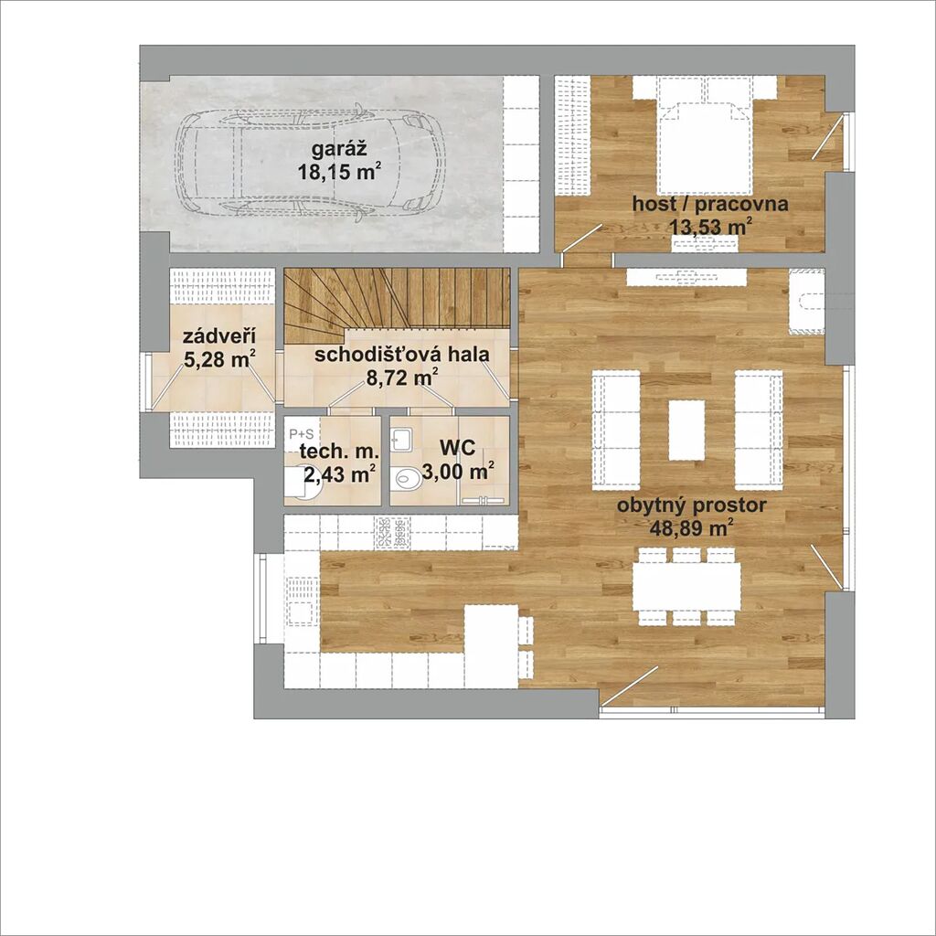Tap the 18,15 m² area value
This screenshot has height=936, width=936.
coord(339,173)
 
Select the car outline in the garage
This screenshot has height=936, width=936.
coord(309,162)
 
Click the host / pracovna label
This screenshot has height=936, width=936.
coord(709,204)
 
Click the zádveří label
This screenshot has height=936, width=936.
coord(219,337)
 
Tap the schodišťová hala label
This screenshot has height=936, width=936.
coord(402,355)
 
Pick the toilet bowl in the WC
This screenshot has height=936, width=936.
coord(409,479)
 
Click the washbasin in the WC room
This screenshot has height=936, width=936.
coord(399,439)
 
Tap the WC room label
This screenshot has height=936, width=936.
coord(457,448)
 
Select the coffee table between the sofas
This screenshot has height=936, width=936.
coord(686,430)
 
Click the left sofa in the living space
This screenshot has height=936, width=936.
coord(616,430)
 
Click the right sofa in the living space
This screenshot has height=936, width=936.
coord(758,430)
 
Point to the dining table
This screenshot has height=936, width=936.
coord(686,586)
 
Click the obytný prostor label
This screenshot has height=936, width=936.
coord(691,505)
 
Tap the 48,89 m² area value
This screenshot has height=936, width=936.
coord(691,528)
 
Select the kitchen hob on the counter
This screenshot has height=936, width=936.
coord(394,530)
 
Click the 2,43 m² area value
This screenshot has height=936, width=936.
coord(340,474)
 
